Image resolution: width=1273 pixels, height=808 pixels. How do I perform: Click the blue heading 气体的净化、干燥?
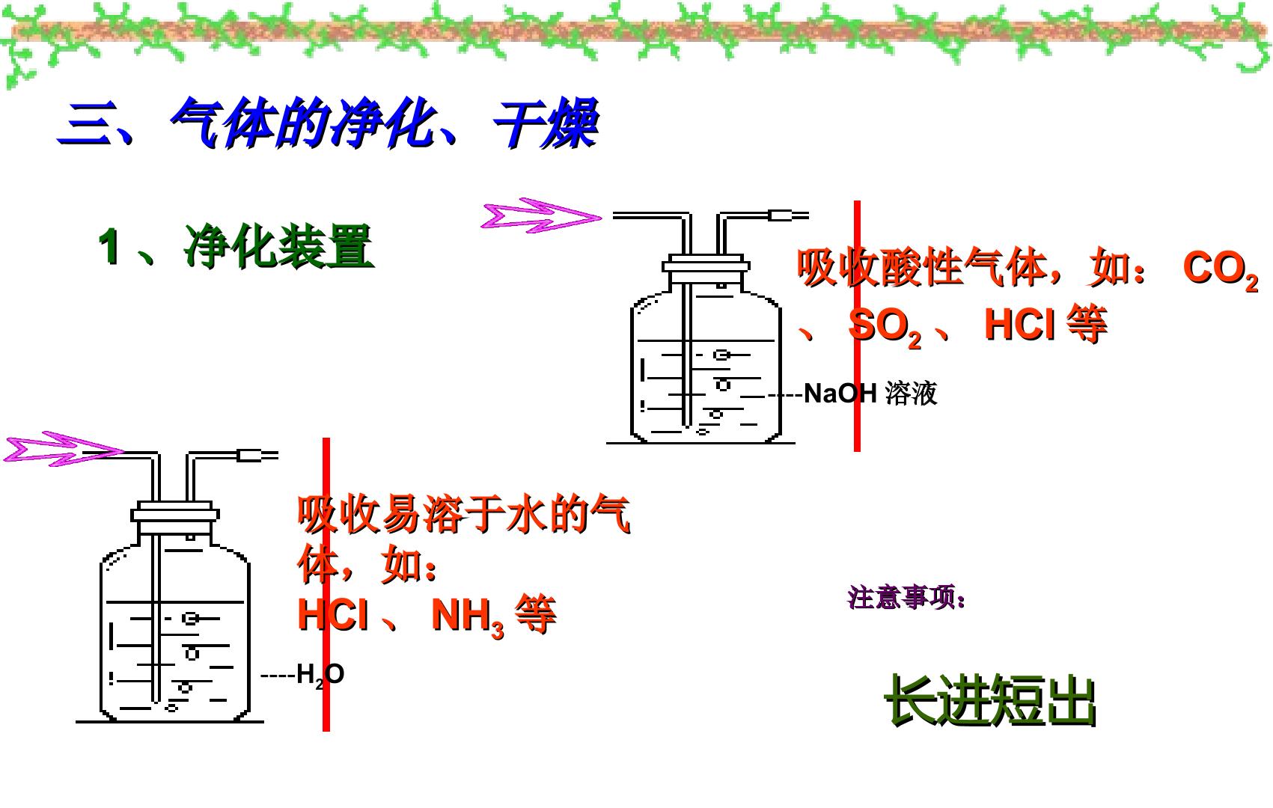[x=385, y=123]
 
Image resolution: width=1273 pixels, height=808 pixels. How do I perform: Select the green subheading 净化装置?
[x=278, y=246]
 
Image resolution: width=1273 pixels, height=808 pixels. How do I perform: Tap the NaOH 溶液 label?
[x=870, y=394]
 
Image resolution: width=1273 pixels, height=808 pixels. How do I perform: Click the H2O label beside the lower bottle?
[x=320, y=675]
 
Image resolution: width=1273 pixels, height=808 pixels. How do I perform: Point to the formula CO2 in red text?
[x=1221, y=269]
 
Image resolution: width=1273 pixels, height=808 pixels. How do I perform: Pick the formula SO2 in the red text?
[x=885, y=327]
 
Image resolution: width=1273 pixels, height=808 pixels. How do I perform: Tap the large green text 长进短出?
[x=990, y=700]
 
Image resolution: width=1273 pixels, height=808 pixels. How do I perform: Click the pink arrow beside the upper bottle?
[x=541, y=216]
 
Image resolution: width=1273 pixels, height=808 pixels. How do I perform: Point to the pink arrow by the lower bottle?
[x=64, y=449]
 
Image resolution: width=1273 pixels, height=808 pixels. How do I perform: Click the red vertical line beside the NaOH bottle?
[x=857, y=326]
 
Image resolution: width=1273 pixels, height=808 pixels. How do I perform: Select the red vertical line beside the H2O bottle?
[x=326, y=584]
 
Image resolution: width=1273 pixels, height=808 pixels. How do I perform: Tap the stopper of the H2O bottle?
[x=175, y=515]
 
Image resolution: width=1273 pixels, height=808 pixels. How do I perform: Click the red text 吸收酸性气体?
[x=922, y=267]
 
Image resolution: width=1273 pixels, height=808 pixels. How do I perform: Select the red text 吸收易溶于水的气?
[x=464, y=514]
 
